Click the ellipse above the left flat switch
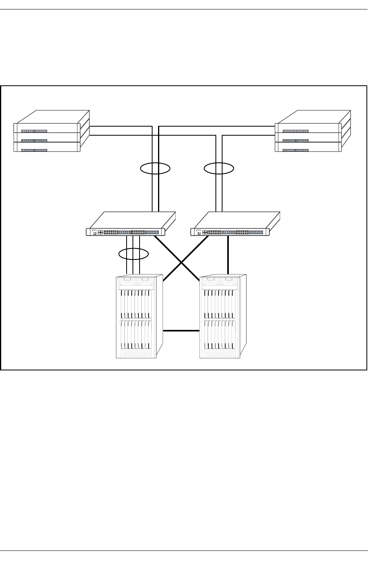[155, 169]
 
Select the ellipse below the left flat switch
[134, 254]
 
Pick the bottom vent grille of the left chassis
[136, 353]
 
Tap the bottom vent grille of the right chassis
[220, 353]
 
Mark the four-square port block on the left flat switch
[100, 232]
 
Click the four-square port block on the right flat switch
[205, 232]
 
